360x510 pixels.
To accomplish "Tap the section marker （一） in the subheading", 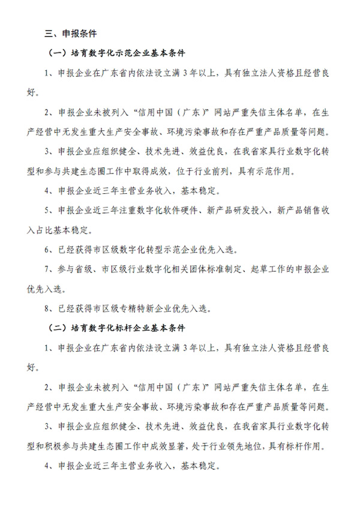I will pos(58,53).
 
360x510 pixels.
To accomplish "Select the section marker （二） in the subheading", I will pos(58,328).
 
